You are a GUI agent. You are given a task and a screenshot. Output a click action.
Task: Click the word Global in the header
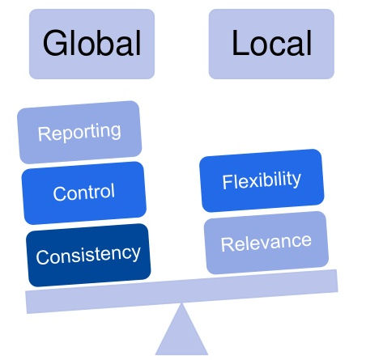[91, 43]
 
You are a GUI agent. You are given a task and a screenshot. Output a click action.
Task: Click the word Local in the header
[272, 43]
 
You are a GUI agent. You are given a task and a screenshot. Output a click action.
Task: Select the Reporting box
[79, 132]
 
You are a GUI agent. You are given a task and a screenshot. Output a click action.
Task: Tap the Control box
[84, 193]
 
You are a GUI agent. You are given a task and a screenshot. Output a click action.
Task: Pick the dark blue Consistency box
[88, 255]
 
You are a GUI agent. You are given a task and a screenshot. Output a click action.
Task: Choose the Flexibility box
[262, 180]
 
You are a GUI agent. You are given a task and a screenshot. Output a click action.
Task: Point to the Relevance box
[266, 243]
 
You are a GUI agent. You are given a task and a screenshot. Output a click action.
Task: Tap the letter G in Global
[54, 43]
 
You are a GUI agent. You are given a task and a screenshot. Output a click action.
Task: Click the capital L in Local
[240, 42]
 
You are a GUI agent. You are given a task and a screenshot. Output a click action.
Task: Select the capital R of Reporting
[44, 134]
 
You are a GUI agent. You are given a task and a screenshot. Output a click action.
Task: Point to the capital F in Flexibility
[228, 182]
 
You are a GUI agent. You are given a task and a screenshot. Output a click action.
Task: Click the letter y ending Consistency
[135, 255]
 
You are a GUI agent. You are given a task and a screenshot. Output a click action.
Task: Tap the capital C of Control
[60, 193]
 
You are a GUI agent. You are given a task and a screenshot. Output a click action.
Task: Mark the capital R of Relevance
[228, 244]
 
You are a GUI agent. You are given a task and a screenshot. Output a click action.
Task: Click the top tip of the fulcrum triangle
[181, 303]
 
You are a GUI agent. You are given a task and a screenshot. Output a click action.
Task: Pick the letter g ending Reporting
[115, 133]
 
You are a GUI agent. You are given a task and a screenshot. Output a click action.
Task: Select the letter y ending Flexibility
[296, 180]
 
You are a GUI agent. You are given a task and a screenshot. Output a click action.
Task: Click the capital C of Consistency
[43, 257]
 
